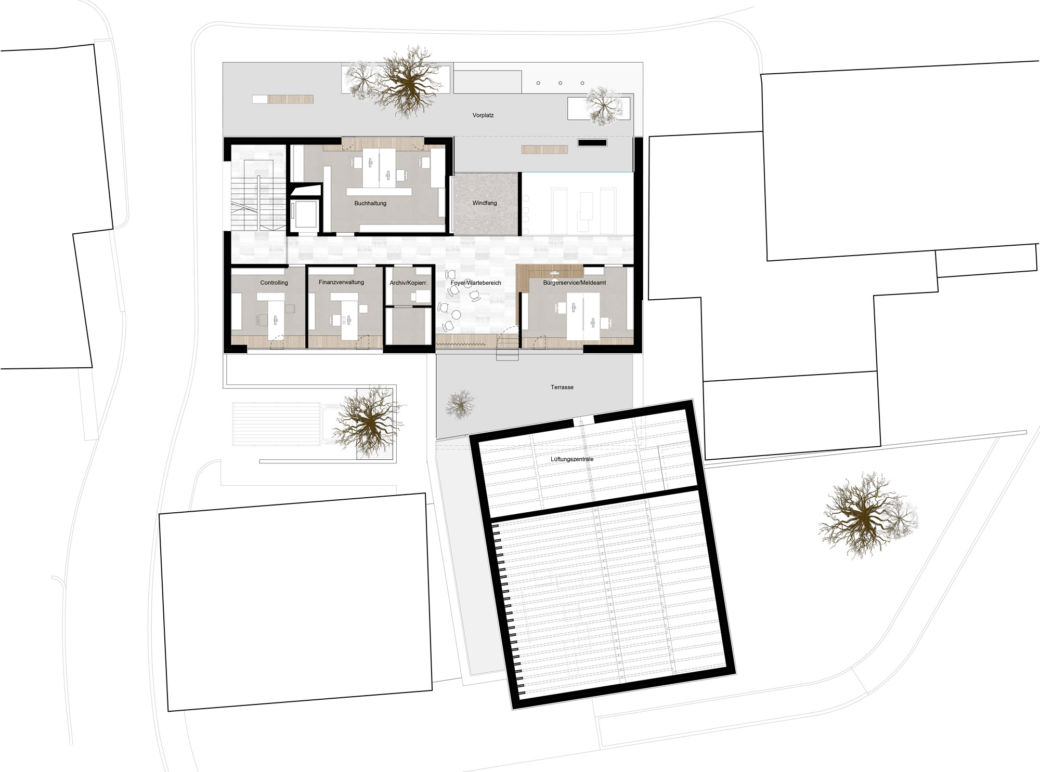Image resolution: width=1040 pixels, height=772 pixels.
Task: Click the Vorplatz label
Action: point(483,115)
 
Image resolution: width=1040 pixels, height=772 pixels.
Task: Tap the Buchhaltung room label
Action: point(370,203)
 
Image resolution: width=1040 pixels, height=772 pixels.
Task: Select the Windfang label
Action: point(485,203)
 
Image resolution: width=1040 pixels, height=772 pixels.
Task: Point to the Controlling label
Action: point(274,283)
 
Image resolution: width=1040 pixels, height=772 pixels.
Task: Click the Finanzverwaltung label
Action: point(341,282)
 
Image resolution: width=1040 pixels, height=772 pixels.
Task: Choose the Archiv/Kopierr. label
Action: point(408,283)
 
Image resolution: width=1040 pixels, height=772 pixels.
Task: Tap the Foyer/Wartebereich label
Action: point(476,283)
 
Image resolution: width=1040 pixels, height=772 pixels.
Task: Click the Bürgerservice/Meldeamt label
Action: point(575,283)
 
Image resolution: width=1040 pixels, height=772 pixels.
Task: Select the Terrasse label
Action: point(562,388)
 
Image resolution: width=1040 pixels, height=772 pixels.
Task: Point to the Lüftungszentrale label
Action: point(572,459)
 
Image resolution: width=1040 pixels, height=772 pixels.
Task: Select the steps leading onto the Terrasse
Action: point(507,353)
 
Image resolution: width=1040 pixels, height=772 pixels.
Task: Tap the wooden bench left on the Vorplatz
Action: point(283,99)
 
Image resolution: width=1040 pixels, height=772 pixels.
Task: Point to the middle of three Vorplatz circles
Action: point(560,83)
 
